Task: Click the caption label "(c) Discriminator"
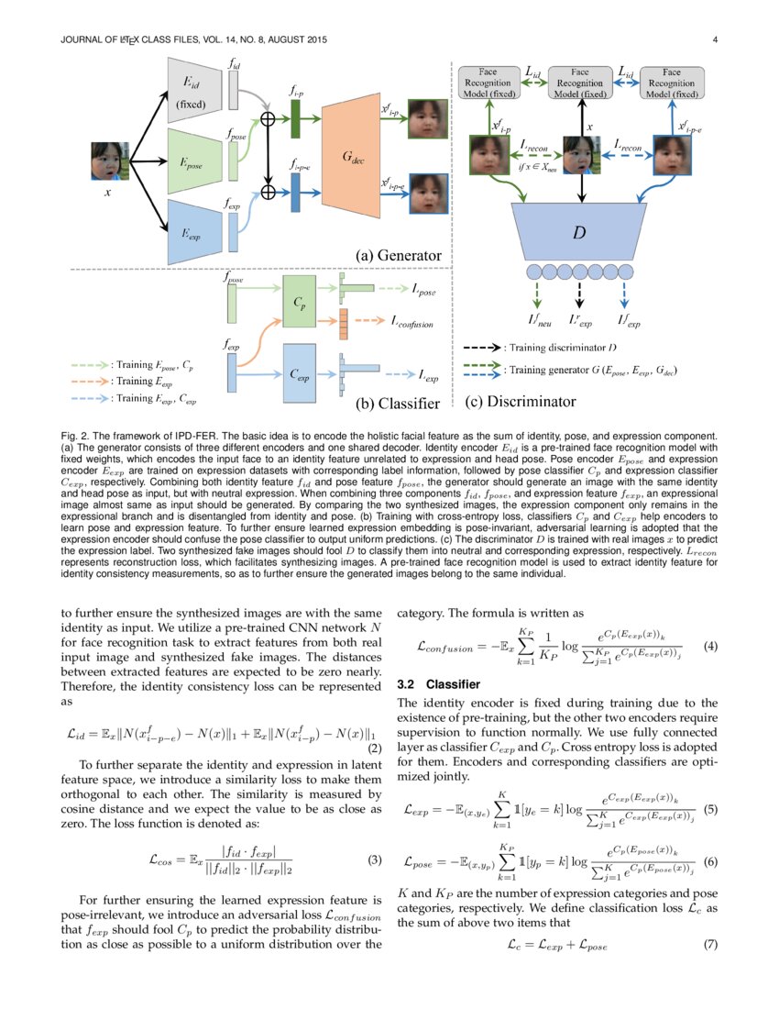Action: (x=521, y=401)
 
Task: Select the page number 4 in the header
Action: (x=714, y=39)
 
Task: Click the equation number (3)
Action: (x=374, y=860)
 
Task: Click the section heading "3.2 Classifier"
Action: (x=438, y=684)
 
